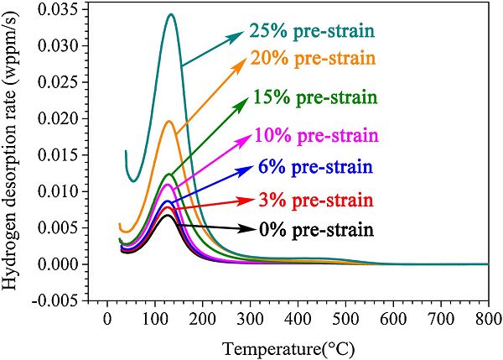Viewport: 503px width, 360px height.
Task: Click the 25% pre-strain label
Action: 310,32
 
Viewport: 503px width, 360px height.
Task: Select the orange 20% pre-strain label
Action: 312,59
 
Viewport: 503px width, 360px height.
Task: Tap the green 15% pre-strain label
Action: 315,97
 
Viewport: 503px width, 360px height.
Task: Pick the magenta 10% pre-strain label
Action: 317,135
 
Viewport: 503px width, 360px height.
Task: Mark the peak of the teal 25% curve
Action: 171,14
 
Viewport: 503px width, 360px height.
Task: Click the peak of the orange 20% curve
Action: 169,121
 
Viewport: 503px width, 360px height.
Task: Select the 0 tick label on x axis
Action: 106,320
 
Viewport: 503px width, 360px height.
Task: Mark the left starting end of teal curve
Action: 126,151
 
